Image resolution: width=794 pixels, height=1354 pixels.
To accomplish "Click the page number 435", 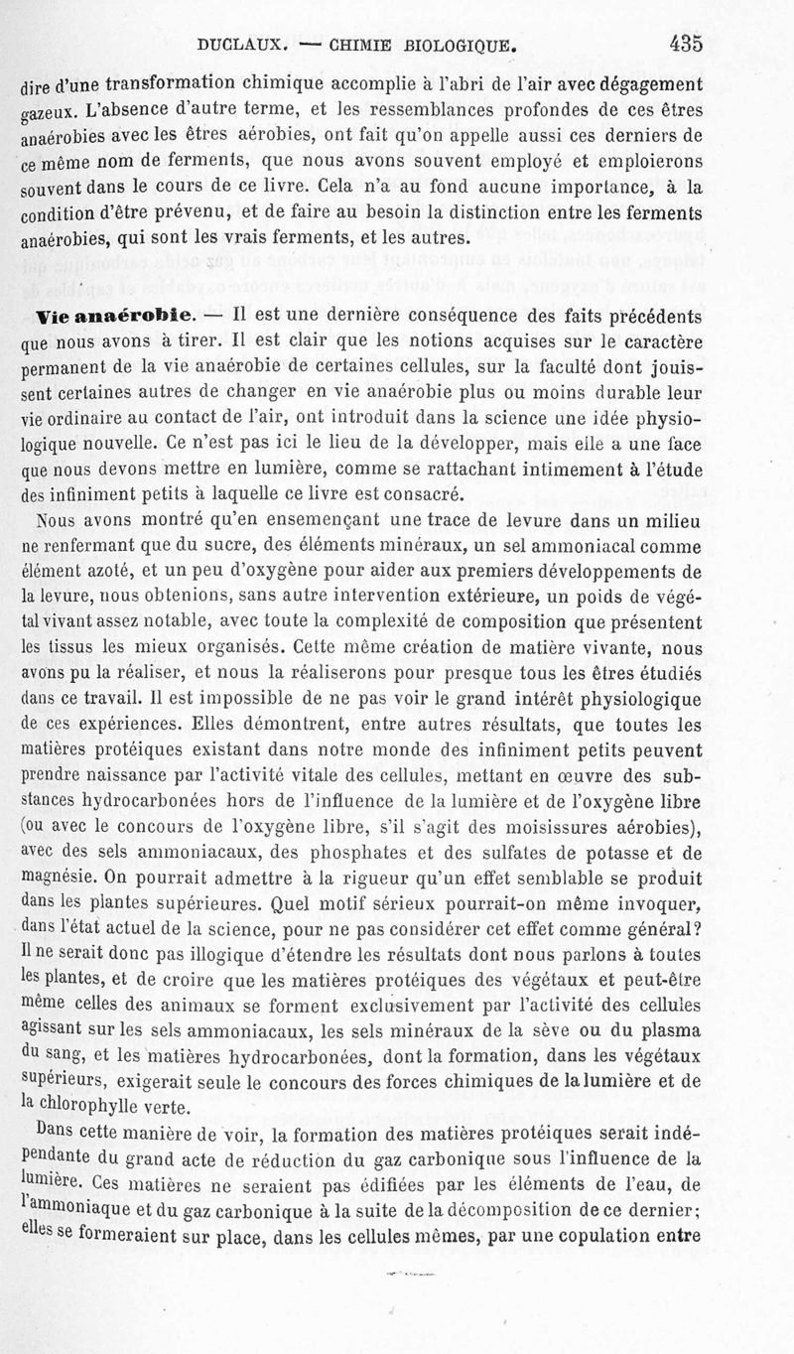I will point(686,44).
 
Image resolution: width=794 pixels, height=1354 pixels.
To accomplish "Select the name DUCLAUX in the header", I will point(242,45).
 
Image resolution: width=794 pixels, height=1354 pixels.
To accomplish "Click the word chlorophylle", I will point(87,1109).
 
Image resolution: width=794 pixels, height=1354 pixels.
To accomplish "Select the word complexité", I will point(447,621).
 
